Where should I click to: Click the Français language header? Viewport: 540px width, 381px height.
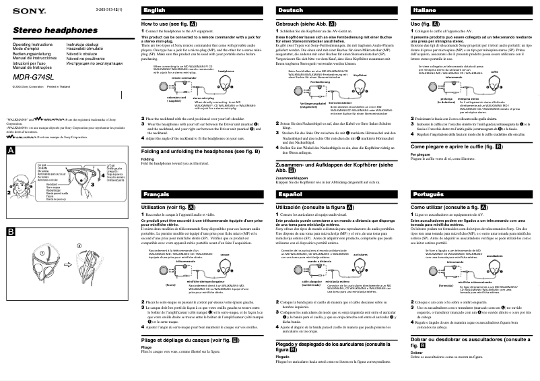(156, 194)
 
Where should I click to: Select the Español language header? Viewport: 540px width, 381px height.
(290, 194)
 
